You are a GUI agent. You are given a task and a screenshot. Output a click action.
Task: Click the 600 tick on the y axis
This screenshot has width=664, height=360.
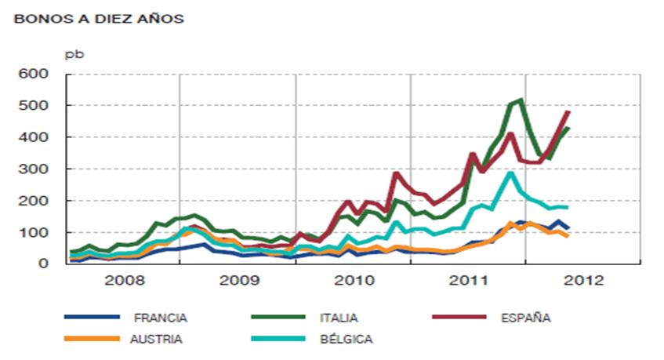click(x=34, y=74)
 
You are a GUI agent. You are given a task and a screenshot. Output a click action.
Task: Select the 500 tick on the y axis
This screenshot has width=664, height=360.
click(x=34, y=105)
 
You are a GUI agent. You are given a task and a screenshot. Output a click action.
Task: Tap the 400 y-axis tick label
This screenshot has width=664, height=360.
click(x=34, y=137)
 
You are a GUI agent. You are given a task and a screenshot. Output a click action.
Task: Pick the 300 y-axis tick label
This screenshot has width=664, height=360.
click(x=34, y=169)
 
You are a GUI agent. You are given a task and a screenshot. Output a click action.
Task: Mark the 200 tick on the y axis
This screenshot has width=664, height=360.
click(x=34, y=201)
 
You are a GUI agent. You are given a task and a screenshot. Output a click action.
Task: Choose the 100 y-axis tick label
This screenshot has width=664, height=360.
click(x=34, y=233)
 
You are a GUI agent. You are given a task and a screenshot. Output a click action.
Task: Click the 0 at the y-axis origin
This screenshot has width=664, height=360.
click(x=44, y=264)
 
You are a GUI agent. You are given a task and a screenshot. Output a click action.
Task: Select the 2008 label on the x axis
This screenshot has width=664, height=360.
click(x=125, y=280)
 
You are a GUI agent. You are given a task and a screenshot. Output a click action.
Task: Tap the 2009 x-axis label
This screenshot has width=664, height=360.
click(x=239, y=280)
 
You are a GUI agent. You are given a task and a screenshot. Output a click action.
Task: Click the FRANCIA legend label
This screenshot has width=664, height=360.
click(x=161, y=318)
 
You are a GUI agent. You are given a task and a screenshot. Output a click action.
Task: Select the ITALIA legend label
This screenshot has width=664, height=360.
click(x=339, y=318)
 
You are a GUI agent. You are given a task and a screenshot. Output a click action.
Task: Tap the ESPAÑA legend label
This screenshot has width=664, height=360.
click(x=525, y=318)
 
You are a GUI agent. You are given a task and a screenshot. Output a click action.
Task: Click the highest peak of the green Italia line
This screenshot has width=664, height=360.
click(x=521, y=100)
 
